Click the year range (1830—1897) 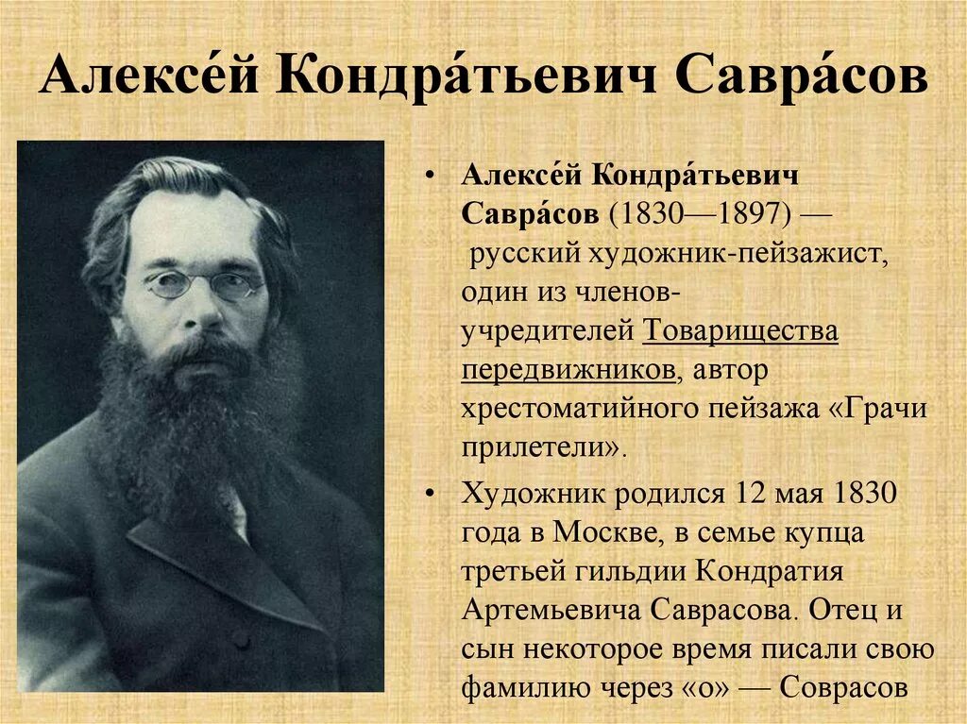[x=704, y=213]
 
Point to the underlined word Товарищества [x=741, y=331]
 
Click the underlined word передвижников [x=569, y=369]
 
